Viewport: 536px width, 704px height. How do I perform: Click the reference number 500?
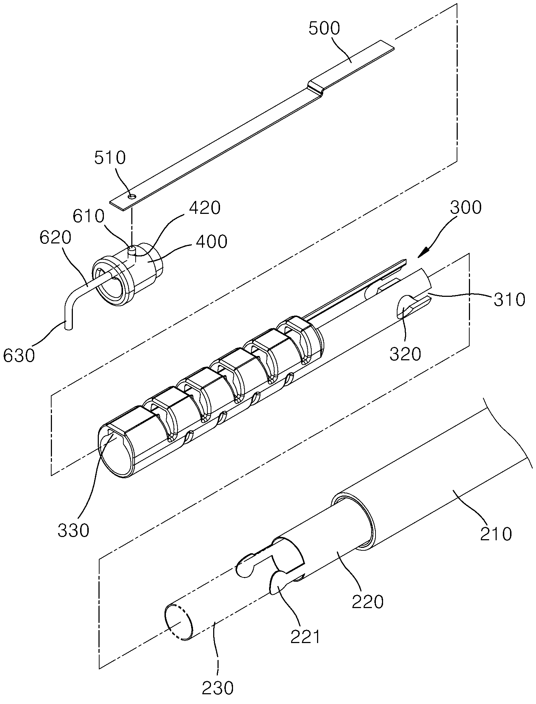(x=324, y=29)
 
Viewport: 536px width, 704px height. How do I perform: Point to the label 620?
(x=56, y=238)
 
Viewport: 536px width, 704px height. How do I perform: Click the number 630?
(x=19, y=355)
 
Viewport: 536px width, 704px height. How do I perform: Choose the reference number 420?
(x=205, y=208)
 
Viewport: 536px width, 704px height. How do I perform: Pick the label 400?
(x=212, y=241)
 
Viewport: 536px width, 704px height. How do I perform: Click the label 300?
(x=466, y=208)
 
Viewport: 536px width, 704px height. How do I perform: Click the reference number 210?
(x=496, y=534)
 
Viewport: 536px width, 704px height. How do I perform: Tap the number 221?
(x=306, y=637)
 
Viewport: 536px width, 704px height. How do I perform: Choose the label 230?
(x=218, y=688)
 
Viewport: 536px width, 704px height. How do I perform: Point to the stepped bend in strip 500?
(x=315, y=88)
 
